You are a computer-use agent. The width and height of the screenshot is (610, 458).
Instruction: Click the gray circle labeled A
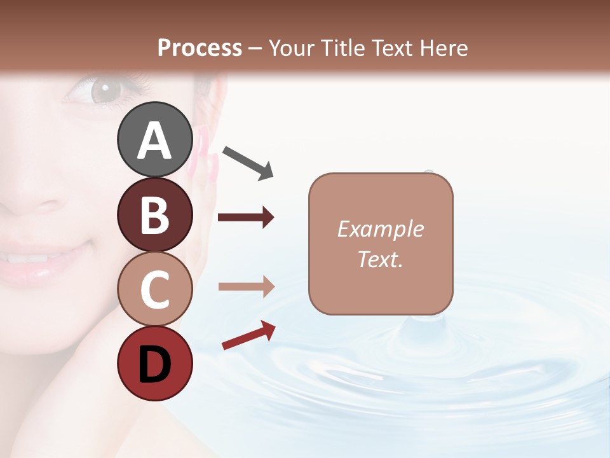[154, 139]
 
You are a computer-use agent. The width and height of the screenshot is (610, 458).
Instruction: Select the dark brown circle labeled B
[154, 214]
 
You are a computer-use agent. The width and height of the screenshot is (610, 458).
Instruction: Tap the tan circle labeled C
[154, 289]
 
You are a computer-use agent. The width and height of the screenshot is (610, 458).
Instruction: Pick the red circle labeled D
[154, 363]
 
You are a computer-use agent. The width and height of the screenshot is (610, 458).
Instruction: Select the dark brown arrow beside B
[246, 218]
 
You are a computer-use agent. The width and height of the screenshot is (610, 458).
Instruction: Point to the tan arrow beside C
[246, 287]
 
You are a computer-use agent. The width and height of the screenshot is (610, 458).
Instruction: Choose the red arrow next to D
[248, 335]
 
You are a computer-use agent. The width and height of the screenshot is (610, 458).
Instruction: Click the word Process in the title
[200, 48]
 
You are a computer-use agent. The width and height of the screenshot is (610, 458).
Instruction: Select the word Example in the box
[380, 229]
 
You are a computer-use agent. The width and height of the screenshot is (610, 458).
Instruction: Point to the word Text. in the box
[380, 259]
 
